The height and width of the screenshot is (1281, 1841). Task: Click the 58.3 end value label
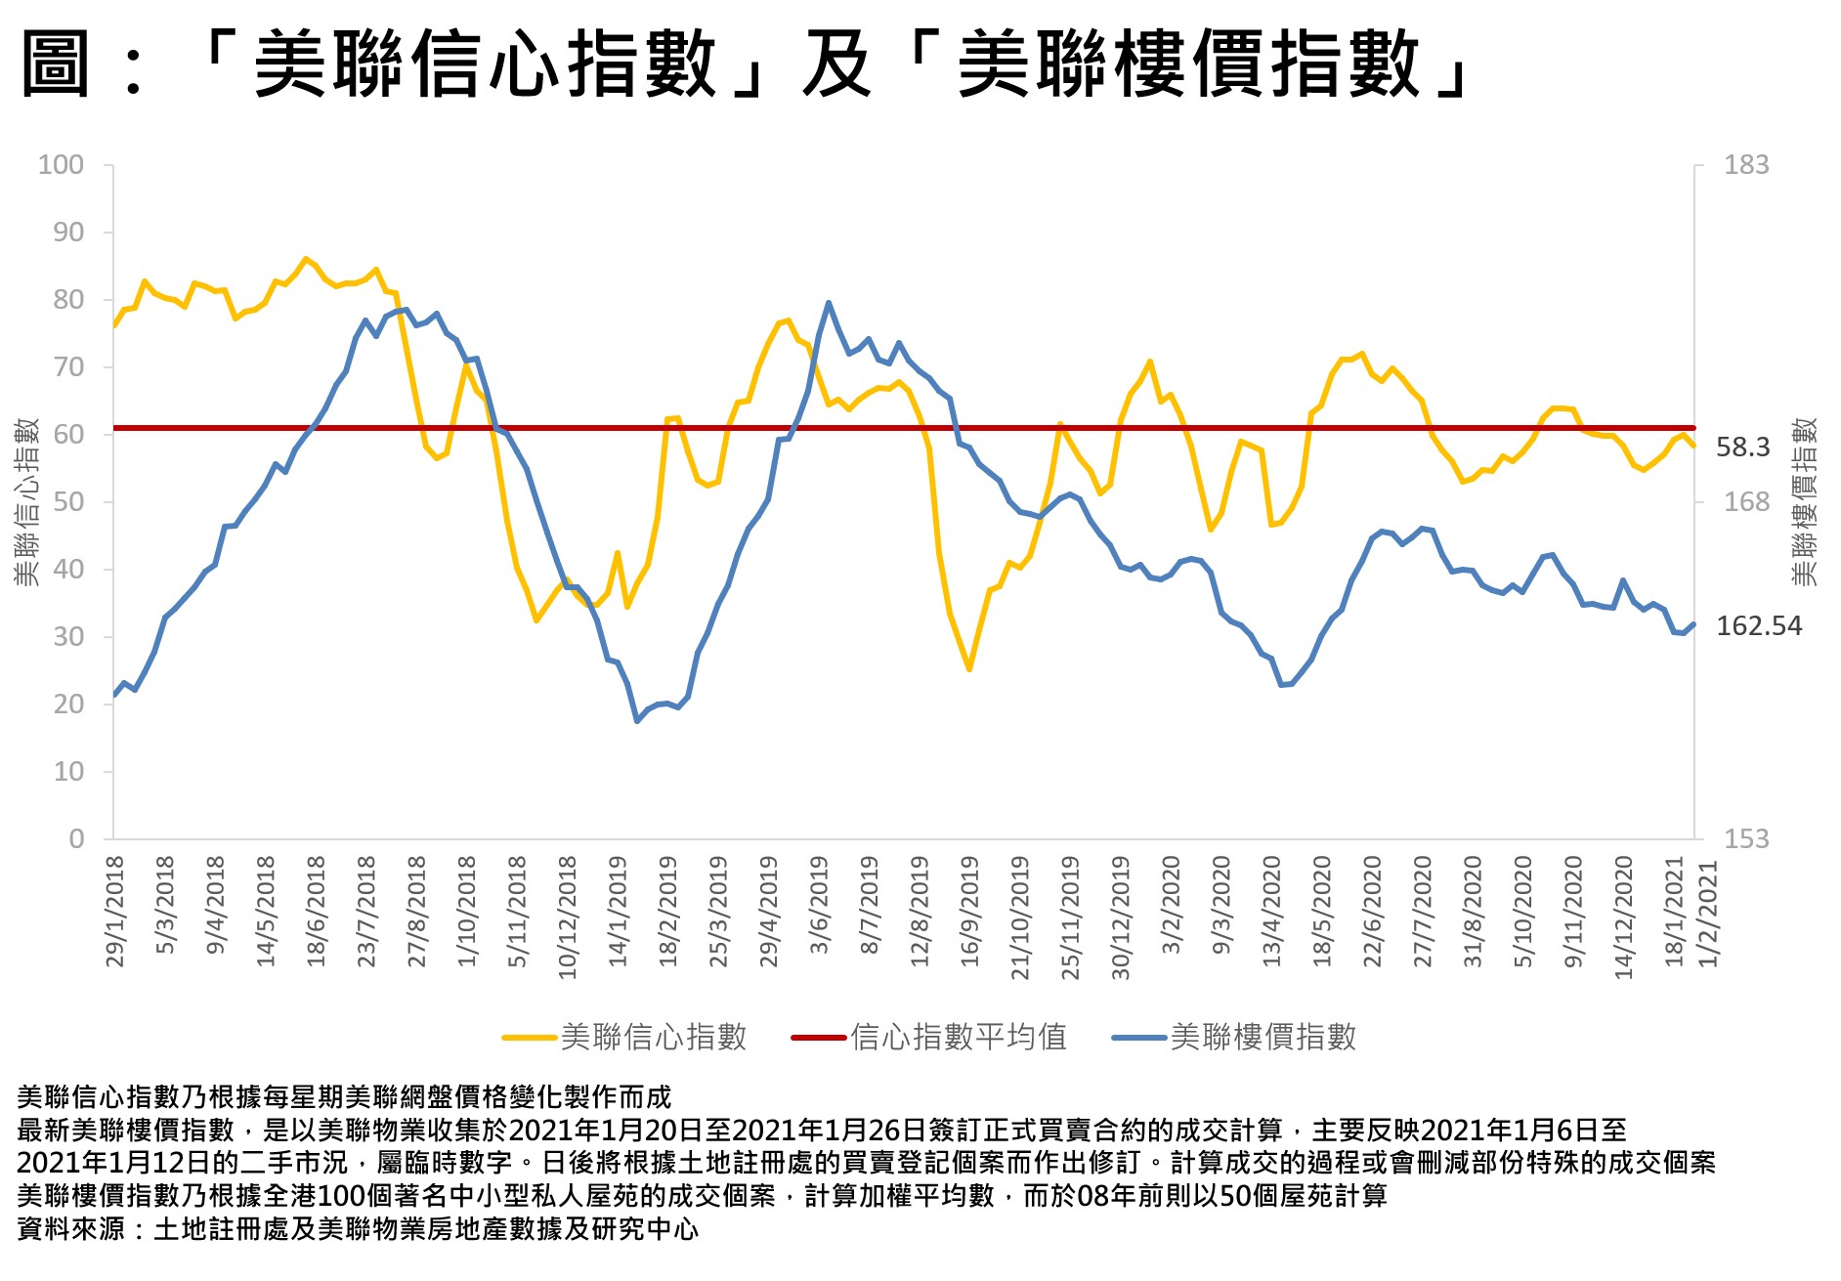point(1742,448)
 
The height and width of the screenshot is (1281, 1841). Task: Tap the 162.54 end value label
point(1758,626)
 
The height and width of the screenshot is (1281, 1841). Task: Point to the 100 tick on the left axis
point(61,165)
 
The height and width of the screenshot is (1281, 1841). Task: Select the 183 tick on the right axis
point(1745,165)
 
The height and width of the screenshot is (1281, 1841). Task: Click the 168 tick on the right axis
point(1745,502)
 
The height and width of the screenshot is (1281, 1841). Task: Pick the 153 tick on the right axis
point(1745,839)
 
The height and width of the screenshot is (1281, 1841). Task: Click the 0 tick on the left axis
point(76,839)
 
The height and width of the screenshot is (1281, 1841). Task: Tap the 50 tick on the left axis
point(67,502)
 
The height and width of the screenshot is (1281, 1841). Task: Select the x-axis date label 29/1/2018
point(115,912)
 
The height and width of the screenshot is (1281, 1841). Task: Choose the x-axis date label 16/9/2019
point(969,912)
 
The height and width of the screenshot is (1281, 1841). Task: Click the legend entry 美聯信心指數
point(653,1037)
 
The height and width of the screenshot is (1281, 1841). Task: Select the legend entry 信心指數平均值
point(958,1037)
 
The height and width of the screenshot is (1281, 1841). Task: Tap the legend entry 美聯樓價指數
point(1263,1037)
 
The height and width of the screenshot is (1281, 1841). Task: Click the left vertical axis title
point(26,502)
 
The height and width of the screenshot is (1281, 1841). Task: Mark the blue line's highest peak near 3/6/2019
point(829,303)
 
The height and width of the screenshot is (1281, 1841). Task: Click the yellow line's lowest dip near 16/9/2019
point(969,669)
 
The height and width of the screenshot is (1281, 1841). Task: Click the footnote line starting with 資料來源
point(358,1229)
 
